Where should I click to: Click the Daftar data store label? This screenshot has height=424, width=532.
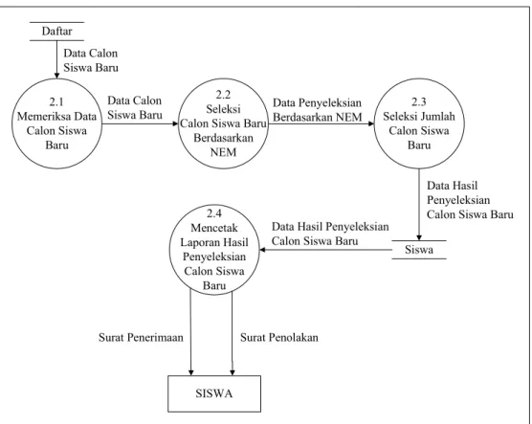(x=57, y=32)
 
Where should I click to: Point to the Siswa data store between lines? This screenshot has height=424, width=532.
(x=419, y=250)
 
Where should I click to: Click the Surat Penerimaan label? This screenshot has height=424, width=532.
(x=141, y=338)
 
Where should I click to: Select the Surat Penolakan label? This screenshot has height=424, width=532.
(x=279, y=338)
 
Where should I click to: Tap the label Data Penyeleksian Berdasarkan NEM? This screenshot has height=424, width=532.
(x=318, y=110)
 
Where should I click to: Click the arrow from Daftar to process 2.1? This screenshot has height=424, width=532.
(x=57, y=59)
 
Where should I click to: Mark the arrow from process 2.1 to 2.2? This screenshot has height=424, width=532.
(x=140, y=123)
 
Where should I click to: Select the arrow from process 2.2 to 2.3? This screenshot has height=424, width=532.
(x=321, y=123)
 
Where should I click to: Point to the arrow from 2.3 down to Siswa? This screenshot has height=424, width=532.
(x=419, y=205)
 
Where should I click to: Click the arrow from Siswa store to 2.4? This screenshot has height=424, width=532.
(x=325, y=250)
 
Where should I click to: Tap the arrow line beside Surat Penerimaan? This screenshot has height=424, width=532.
(x=190, y=332)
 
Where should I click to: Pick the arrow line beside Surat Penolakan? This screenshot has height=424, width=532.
(x=233, y=333)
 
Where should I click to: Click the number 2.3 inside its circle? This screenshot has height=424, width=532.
(x=419, y=101)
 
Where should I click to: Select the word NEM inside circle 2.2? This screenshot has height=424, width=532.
(x=223, y=152)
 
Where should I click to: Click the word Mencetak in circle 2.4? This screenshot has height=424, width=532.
(x=214, y=228)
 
